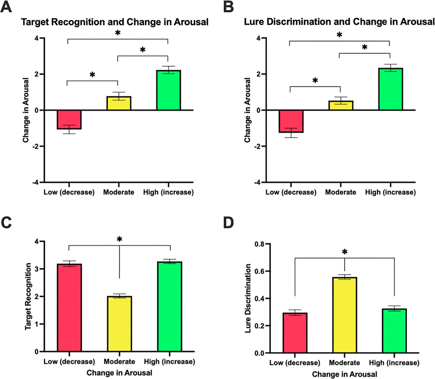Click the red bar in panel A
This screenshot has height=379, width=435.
click(69, 119)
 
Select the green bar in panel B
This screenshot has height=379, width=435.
click(390, 89)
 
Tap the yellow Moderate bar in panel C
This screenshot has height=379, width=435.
click(119, 324)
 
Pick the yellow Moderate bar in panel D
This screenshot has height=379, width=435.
click(345, 315)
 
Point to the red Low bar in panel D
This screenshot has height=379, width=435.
click(295, 333)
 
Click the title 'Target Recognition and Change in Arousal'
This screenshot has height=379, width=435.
click(115, 22)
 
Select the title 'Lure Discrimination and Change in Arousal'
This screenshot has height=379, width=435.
click(339, 22)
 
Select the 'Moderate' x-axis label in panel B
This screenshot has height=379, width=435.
click(341, 192)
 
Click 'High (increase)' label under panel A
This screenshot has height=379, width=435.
click(168, 192)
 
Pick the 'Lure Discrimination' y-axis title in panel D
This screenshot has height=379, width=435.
click(248, 298)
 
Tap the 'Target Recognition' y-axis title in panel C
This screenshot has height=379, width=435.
click(28, 296)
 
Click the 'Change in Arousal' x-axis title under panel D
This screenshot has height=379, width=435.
click(344, 374)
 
